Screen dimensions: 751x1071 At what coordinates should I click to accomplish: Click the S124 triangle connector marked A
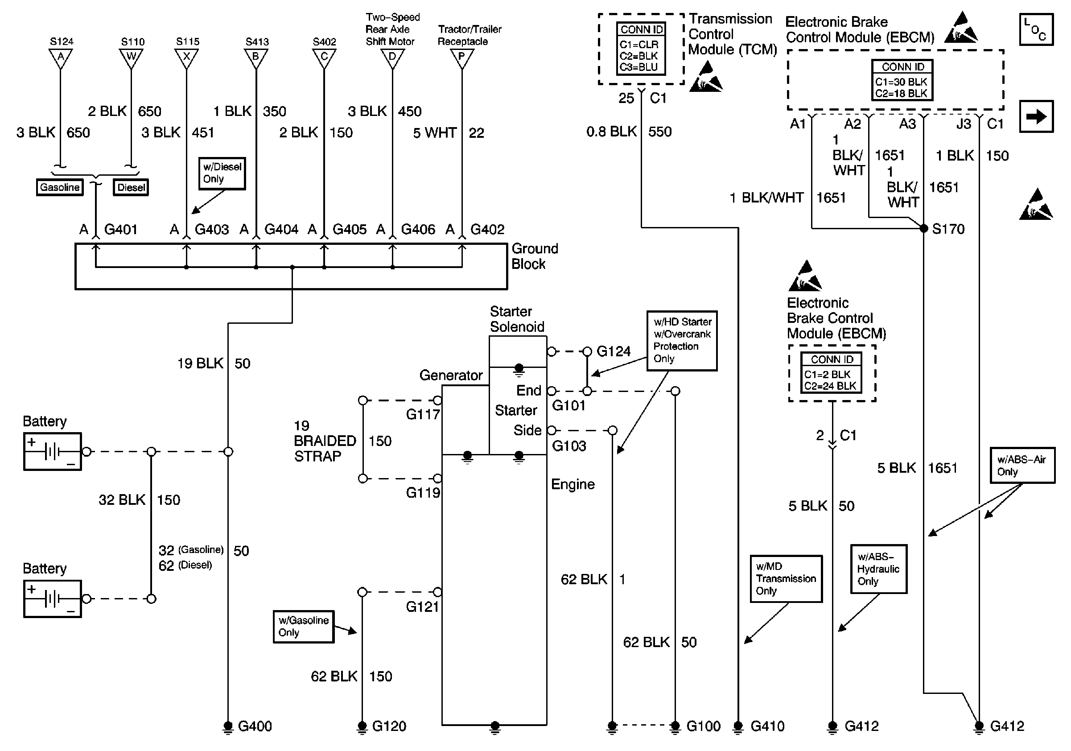(61, 58)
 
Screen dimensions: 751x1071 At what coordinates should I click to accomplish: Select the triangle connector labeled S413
(256, 58)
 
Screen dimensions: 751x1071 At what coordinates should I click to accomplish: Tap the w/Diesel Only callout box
(222, 173)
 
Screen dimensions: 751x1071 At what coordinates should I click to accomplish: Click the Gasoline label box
(60, 187)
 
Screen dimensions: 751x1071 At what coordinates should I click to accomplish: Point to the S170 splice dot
(923, 229)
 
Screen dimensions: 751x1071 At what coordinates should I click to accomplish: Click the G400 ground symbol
(228, 726)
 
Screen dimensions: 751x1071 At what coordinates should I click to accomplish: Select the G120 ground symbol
(362, 726)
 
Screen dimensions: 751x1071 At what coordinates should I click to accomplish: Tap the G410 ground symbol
(738, 726)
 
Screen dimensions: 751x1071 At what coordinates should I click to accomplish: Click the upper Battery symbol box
(53, 451)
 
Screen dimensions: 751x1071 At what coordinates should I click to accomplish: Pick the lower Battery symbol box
(53, 599)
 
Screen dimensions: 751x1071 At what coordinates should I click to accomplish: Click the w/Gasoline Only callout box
(304, 627)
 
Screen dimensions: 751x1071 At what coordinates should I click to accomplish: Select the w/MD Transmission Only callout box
(786, 578)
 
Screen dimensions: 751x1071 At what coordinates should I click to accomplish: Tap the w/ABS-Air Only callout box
(1022, 466)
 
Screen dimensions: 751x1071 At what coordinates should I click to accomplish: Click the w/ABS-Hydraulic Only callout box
(879, 569)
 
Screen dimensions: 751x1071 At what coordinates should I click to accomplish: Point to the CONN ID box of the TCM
(641, 49)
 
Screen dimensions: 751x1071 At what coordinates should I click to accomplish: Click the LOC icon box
(1036, 29)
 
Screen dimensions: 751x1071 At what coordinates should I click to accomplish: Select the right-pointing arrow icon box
(1036, 116)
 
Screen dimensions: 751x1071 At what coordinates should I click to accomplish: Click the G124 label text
(614, 351)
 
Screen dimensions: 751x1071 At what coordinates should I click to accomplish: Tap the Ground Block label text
(535, 256)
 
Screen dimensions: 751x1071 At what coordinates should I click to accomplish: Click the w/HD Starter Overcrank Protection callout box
(682, 341)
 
